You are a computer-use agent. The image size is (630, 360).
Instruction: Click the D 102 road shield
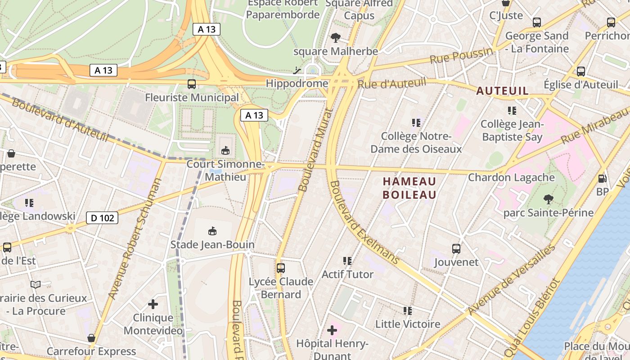(x=102, y=218)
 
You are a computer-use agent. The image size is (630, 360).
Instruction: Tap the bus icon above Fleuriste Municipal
(x=192, y=84)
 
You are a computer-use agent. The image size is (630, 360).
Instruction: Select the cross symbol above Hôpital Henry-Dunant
(x=332, y=331)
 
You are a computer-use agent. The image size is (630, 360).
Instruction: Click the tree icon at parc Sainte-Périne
(x=548, y=199)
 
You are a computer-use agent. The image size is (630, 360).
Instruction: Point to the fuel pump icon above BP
(x=602, y=179)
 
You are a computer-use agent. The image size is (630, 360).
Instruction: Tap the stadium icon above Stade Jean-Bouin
(x=212, y=231)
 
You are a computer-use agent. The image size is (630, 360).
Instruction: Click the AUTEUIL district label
(x=502, y=91)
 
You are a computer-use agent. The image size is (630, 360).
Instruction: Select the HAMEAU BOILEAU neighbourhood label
(x=409, y=188)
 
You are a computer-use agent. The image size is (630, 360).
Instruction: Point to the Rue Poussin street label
(x=461, y=56)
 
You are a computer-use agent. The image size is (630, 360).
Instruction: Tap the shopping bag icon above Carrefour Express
(x=91, y=338)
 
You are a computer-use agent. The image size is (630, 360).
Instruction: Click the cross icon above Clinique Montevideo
(x=153, y=304)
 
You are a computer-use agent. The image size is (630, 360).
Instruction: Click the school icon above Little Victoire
(x=408, y=311)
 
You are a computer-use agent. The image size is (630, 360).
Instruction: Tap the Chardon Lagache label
(x=511, y=177)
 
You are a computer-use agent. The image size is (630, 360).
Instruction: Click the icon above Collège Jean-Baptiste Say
(x=512, y=110)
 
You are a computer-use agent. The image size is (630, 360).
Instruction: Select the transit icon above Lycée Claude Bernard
(x=281, y=268)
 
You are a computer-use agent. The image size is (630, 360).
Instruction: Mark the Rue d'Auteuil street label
(x=391, y=83)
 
